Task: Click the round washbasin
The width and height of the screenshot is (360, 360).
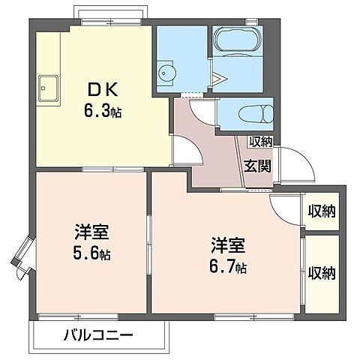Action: tap(166, 73)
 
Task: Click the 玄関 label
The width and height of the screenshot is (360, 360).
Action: tap(257, 166)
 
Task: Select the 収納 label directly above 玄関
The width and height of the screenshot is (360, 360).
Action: tap(260, 141)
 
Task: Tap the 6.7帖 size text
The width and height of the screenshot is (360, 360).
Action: tap(228, 266)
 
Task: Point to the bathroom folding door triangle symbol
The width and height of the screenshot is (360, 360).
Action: tap(218, 77)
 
